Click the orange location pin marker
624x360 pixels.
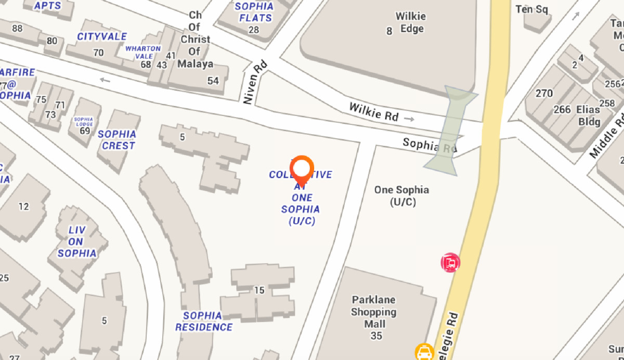[302, 170]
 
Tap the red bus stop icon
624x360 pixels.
[450, 263]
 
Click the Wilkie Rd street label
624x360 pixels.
[374, 111]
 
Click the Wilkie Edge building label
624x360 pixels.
[410, 22]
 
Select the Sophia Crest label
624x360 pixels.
[118, 140]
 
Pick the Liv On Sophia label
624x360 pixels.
[76, 242]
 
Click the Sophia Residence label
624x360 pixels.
[203, 322]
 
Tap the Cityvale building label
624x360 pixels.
[102, 37]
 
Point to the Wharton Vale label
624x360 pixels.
[143, 52]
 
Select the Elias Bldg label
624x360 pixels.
[588, 116]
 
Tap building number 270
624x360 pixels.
[544, 94]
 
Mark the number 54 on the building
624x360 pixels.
[213, 81]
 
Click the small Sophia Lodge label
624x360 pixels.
[83, 122]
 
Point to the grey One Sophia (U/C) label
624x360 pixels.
[402, 196]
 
